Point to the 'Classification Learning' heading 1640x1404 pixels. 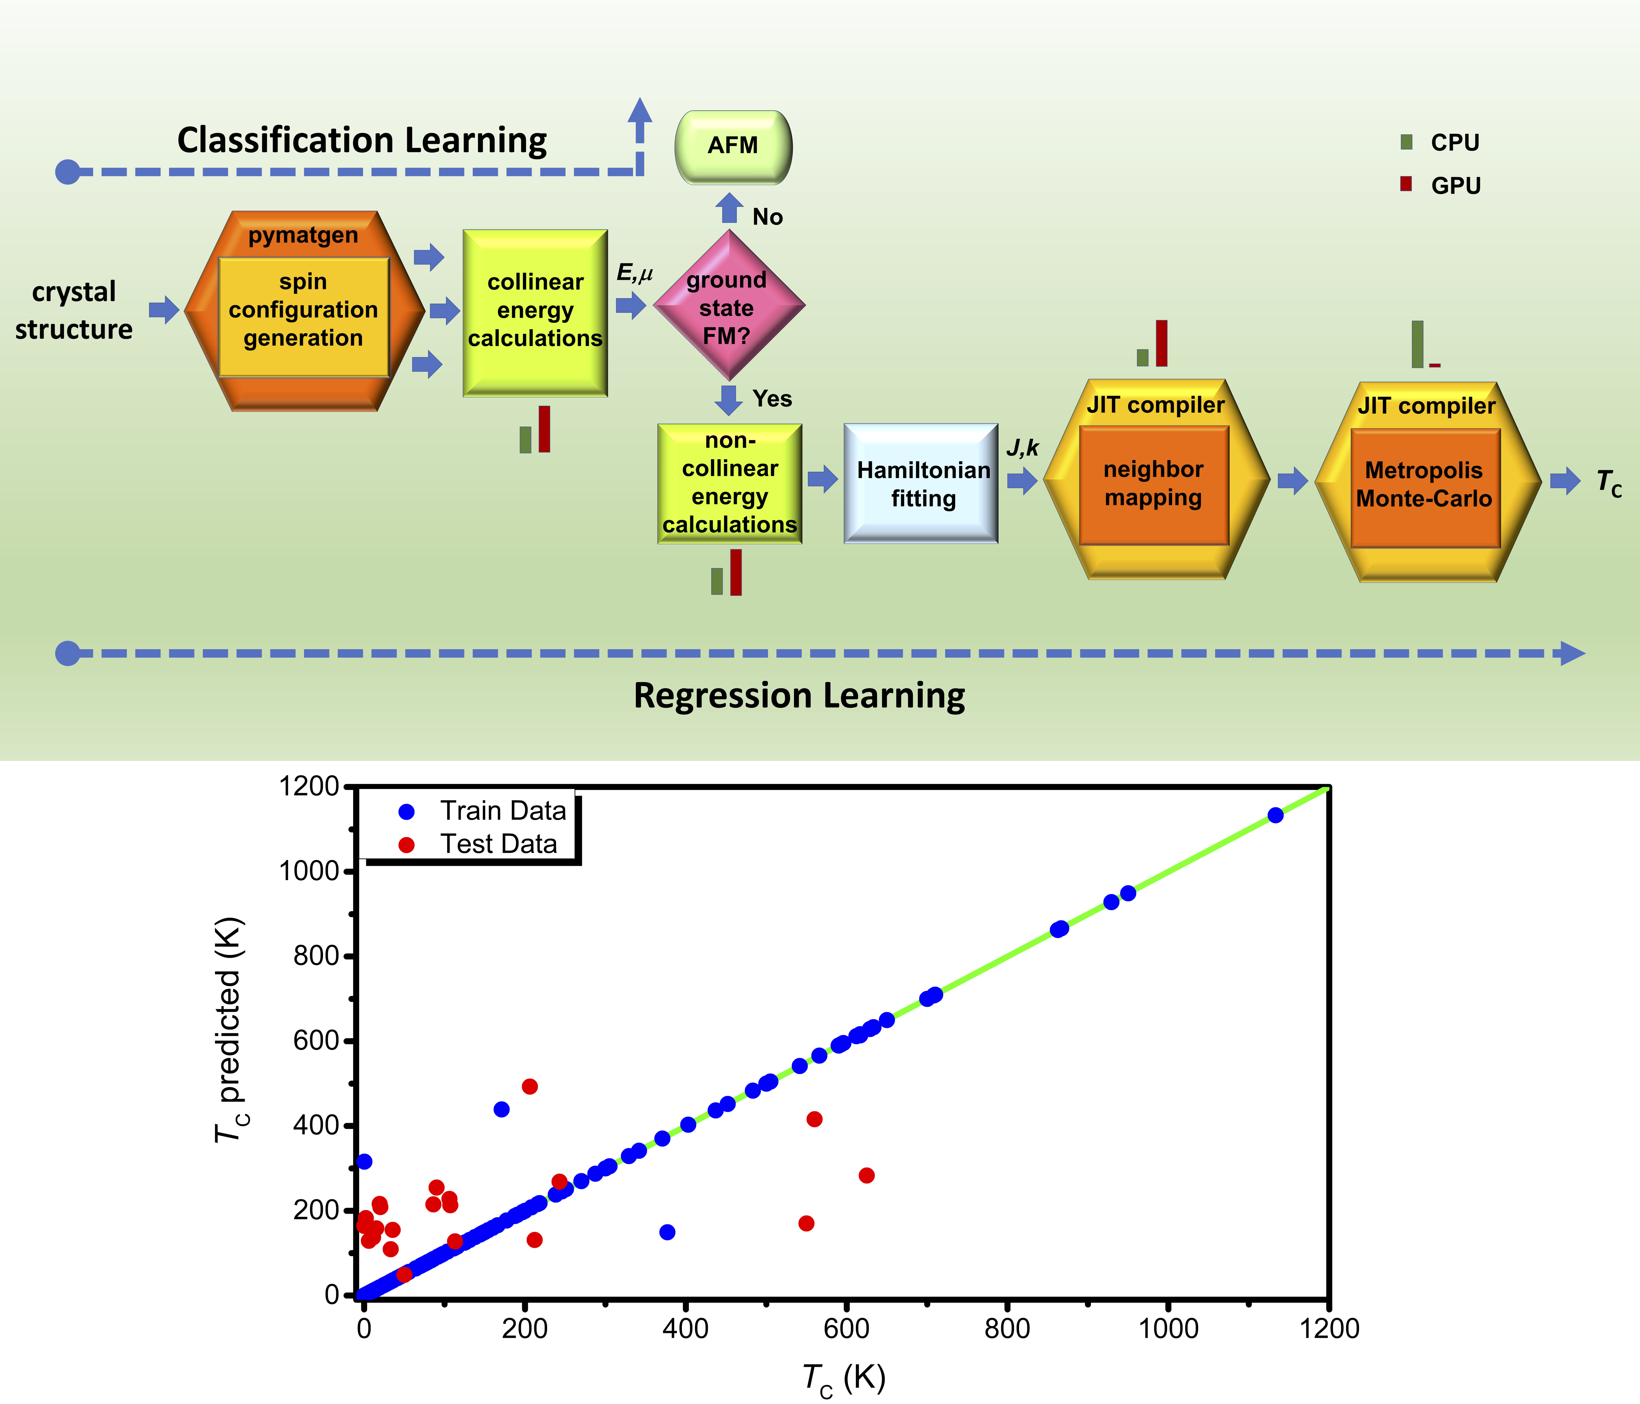click(x=362, y=140)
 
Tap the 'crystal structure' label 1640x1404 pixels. click(x=74, y=310)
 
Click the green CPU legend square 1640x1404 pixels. click(x=1407, y=143)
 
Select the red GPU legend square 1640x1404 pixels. click(x=1407, y=184)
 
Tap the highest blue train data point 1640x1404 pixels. click(x=1275, y=815)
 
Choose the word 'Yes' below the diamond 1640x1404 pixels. click(x=772, y=399)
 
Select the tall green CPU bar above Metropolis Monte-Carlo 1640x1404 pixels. click(x=1418, y=344)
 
